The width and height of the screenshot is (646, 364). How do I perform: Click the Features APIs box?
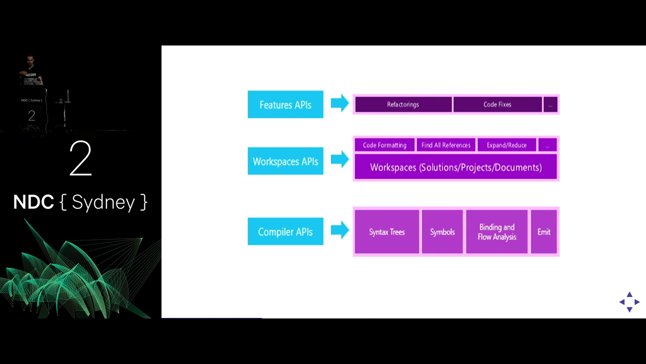(285, 104)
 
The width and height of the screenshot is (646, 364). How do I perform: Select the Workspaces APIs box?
(285, 161)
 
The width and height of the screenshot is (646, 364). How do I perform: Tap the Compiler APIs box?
(285, 231)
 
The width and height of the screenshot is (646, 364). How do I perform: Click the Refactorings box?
(403, 104)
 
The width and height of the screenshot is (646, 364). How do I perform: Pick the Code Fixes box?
(497, 104)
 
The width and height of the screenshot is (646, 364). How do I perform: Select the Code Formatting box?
(385, 145)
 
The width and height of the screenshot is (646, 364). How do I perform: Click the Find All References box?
(446, 145)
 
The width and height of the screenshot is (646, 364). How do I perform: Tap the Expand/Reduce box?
(507, 145)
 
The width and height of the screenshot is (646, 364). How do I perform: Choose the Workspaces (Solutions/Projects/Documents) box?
(456, 167)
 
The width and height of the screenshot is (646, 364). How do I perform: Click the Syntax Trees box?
(387, 232)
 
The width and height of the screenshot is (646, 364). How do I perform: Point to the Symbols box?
(442, 232)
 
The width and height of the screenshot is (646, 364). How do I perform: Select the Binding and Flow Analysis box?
(497, 232)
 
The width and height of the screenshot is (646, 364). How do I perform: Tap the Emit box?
(544, 232)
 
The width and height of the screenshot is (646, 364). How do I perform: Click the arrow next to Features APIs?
(340, 103)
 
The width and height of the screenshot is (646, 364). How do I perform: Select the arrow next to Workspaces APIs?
(340, 159)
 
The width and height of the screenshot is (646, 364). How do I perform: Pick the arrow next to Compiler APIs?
(340, 230)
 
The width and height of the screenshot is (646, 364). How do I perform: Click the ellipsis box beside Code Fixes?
(550, 104)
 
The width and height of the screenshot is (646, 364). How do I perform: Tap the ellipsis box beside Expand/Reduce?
(547, 145)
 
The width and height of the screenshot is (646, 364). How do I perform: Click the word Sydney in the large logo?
(103, 202)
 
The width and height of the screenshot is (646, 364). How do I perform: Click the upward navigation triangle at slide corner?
(630, 294)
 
